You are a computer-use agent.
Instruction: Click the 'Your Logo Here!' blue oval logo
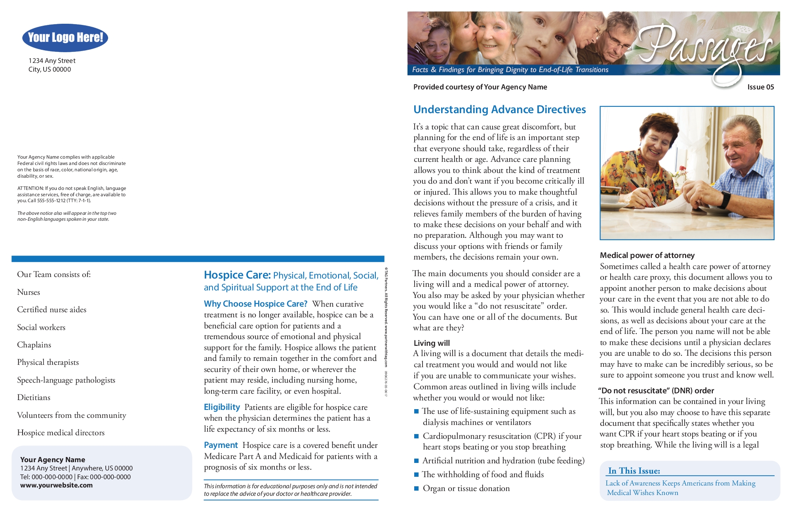tap(65, 38)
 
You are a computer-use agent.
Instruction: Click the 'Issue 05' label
tap(760, 87)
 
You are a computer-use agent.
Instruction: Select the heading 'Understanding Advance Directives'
tap(499, 110)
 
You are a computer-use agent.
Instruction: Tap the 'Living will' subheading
tap(432, 343)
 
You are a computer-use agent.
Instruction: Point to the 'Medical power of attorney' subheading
tap(647, 255)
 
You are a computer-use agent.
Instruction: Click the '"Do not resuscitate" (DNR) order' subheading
tap(656, 391)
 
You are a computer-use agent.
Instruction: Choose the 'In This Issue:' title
tap(634, 470)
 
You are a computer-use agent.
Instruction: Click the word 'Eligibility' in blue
tap(222, 407)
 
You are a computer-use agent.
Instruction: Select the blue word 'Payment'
tap(221, 445)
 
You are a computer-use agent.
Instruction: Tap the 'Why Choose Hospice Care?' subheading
tap(255, 304)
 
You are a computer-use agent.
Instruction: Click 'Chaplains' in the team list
tap(34, 345)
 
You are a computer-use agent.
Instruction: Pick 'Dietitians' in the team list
tap(34, 397)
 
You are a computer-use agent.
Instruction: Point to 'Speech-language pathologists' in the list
tap(66, 380)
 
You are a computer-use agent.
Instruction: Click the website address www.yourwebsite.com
tap(56, 485)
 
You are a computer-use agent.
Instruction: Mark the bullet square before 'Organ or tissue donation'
tap(416, 488)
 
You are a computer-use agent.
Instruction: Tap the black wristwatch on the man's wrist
tap(725, 199)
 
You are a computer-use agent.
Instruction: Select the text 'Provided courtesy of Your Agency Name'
tap(480, 87)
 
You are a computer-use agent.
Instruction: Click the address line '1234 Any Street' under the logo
tap(52, 61)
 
